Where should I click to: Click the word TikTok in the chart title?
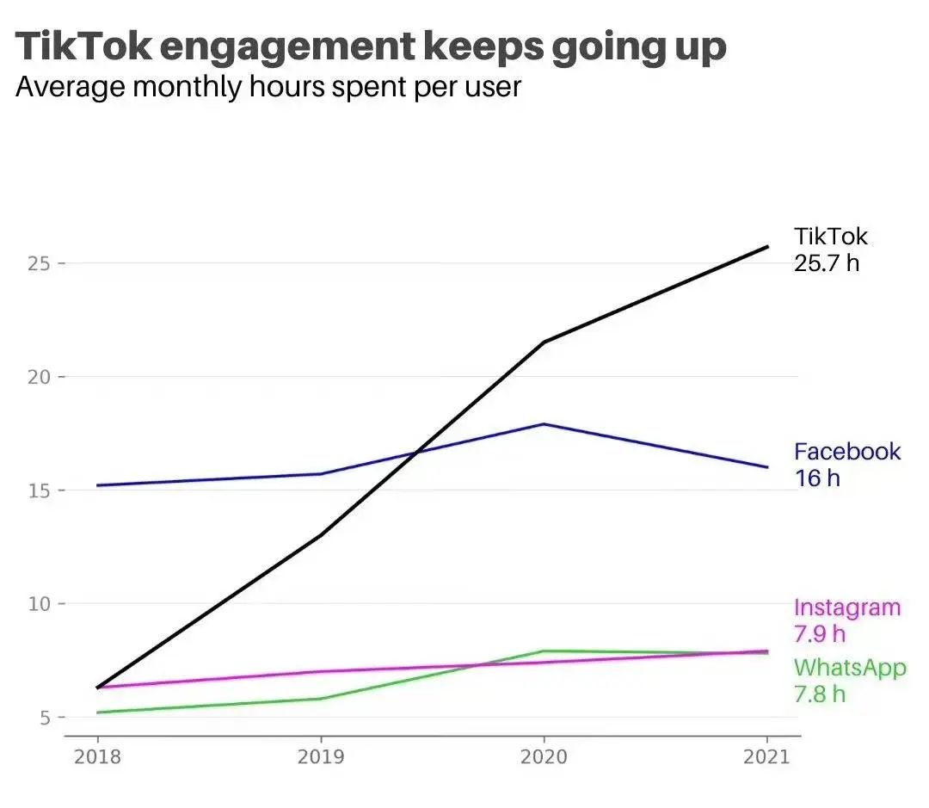[x=82, y=47]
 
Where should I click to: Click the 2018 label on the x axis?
[x=97, y=756]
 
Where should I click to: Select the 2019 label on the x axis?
[x=321, y=756]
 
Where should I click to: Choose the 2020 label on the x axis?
[x=544, y=756]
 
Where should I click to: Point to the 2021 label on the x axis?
[x=766, y=756]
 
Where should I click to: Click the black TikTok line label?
[x=831, y=237]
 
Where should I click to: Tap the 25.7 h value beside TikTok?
[x=826, y=262]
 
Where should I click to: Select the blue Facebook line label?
[x=847, y=452]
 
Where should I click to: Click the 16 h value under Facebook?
[x=817, y=478]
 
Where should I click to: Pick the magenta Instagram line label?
[x=847, y=608]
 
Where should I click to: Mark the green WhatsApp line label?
[x=850, y=667]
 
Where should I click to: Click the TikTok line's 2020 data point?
[x=544, y=342]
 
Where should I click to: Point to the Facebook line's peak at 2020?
[x=544, y=424]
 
